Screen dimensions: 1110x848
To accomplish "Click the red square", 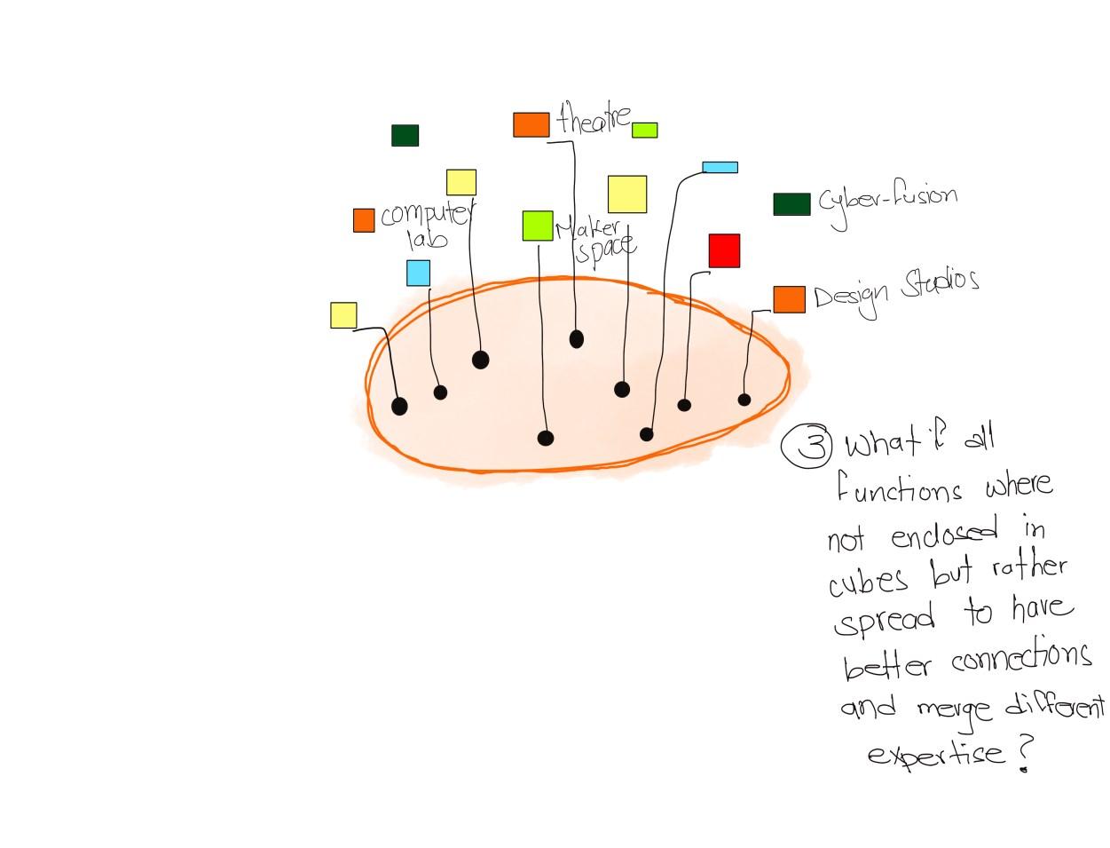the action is [x=724, y=250].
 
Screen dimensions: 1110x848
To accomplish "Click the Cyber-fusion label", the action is [x=886, y=202].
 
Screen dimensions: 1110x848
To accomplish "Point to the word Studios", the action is [x=940, y=284].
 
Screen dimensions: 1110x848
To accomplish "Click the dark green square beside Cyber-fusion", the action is [x=791, y=204].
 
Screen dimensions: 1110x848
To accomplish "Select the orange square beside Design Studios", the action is [x=789, y=299].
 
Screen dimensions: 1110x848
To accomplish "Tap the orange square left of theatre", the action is [x=531, y=124].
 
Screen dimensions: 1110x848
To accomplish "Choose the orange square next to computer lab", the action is [x=364, y=220].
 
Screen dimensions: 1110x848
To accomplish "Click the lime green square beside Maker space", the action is [x=537, y=226].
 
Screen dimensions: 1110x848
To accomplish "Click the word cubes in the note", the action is [x=869, y=579].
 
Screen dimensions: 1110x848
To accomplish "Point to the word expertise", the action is [x=935, y=755].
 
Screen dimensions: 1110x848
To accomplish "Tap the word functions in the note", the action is [x=899, y=489].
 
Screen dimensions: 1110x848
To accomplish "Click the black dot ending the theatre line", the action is [x=577, y=338].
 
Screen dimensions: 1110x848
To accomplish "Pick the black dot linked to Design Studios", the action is [x=744, y=400].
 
